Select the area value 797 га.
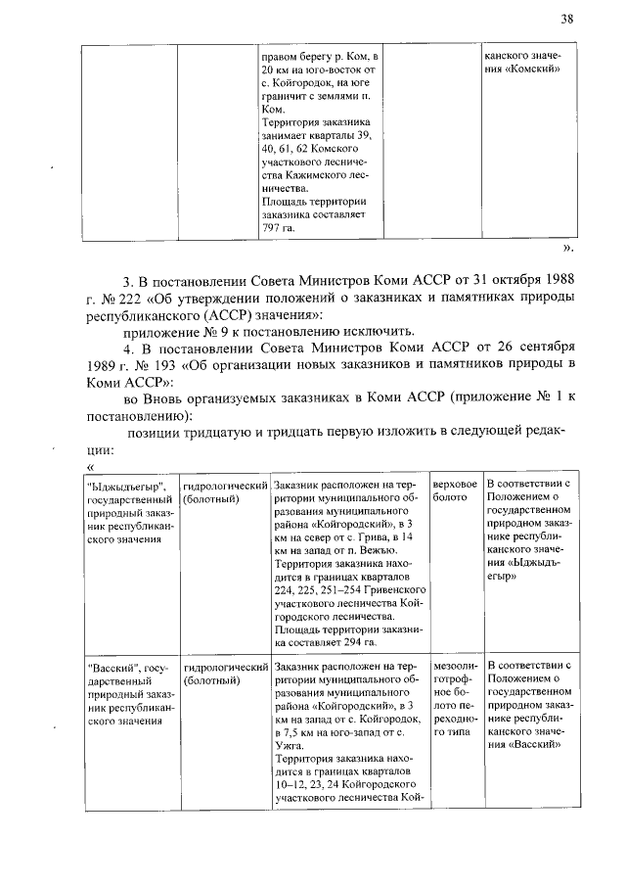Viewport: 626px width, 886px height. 278,227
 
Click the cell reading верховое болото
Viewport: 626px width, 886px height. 455,491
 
